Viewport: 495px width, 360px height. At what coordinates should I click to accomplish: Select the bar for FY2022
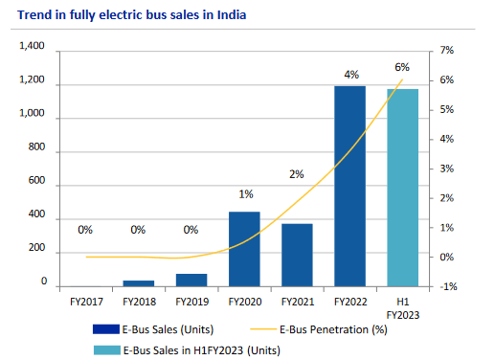349,186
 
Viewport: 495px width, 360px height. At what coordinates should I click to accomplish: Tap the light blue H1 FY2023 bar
402,188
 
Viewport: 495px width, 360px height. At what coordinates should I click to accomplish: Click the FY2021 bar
297,255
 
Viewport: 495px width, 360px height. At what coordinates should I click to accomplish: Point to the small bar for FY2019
191,280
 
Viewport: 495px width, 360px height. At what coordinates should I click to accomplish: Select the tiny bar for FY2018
139,282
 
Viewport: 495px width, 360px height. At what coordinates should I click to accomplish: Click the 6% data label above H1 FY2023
402,68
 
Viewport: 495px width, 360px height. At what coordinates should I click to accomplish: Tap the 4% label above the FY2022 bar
349,74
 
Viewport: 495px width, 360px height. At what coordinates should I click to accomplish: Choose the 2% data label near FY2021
297,174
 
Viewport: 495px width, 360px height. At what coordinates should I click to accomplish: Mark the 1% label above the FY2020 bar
244,195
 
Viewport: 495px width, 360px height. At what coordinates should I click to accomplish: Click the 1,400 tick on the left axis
32,47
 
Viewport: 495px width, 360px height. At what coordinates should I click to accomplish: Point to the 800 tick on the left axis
36,148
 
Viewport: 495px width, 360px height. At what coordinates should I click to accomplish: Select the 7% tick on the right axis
447,50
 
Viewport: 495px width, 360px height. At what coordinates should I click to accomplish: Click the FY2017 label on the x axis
85,301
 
